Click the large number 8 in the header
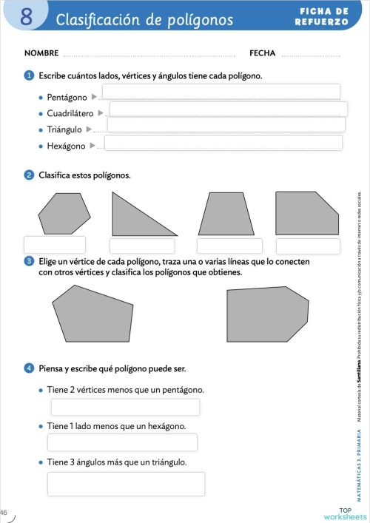tap(26, 16)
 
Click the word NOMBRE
tap(41, 53)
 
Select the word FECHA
tap(262, 53)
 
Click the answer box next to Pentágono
tap(221, 92)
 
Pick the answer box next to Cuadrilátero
tap(228, 109)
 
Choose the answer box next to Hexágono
tap(223, 143)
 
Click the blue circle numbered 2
tap(29, 175)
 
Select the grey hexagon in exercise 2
tap(64, 213)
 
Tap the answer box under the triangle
tap(142, 246)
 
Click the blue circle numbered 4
tap(29, 368)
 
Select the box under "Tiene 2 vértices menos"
tap(125, 407)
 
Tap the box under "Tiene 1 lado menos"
tap(122, 442)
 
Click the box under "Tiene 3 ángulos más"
tap(126, 484)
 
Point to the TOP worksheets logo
tap(345, 513)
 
